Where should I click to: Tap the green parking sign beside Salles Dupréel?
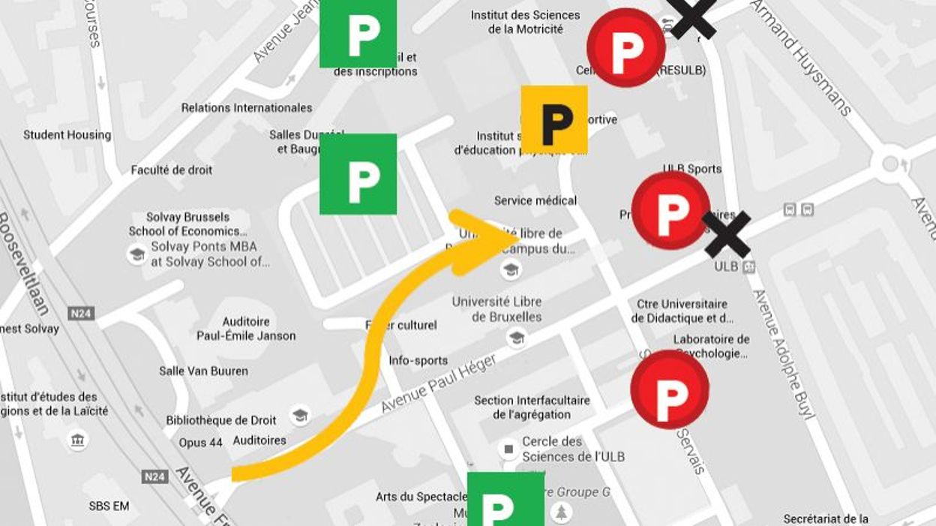pos(358,175)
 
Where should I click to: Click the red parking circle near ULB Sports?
pos(670,210)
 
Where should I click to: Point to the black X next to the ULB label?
pos(727,235)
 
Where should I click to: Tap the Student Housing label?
pos(67,135)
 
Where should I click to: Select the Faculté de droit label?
pos(172,170)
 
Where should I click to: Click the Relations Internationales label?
pos(246,108)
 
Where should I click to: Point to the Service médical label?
pos(535,200)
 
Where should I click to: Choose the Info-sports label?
pos(418,361)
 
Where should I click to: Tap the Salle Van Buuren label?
pos(203,371)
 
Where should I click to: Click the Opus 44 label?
pos(200,443)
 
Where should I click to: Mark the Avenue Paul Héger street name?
pos(438,383)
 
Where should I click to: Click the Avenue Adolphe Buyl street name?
pos(783,353)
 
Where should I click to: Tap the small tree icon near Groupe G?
pos(561,512)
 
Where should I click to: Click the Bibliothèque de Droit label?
pos(221,420)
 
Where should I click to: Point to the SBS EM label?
pos(109,506)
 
